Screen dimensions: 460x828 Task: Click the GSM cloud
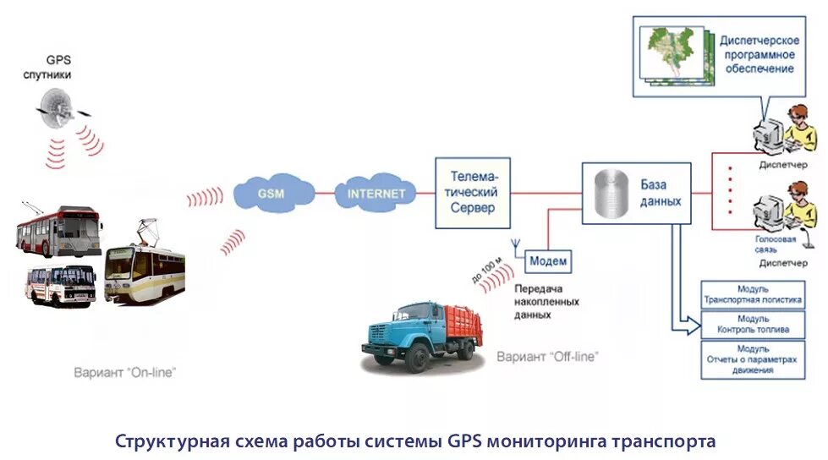pos(271,194)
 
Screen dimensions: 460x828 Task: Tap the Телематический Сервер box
pos(473,193)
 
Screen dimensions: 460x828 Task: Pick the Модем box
pos(548,261)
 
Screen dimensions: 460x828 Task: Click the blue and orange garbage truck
pos(419,334)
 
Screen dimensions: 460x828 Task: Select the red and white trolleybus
pos(58,231)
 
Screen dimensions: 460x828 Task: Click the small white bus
pos(60,284)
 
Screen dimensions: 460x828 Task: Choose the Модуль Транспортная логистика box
pos(752,293)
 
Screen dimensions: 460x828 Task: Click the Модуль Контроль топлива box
pos(752,324)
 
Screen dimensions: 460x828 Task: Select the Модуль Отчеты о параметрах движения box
pos(752,359)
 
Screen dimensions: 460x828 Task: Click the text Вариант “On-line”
pos(125,371)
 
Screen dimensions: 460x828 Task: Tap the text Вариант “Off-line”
pos(547,356)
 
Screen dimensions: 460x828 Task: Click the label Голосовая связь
pos(776,244)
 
